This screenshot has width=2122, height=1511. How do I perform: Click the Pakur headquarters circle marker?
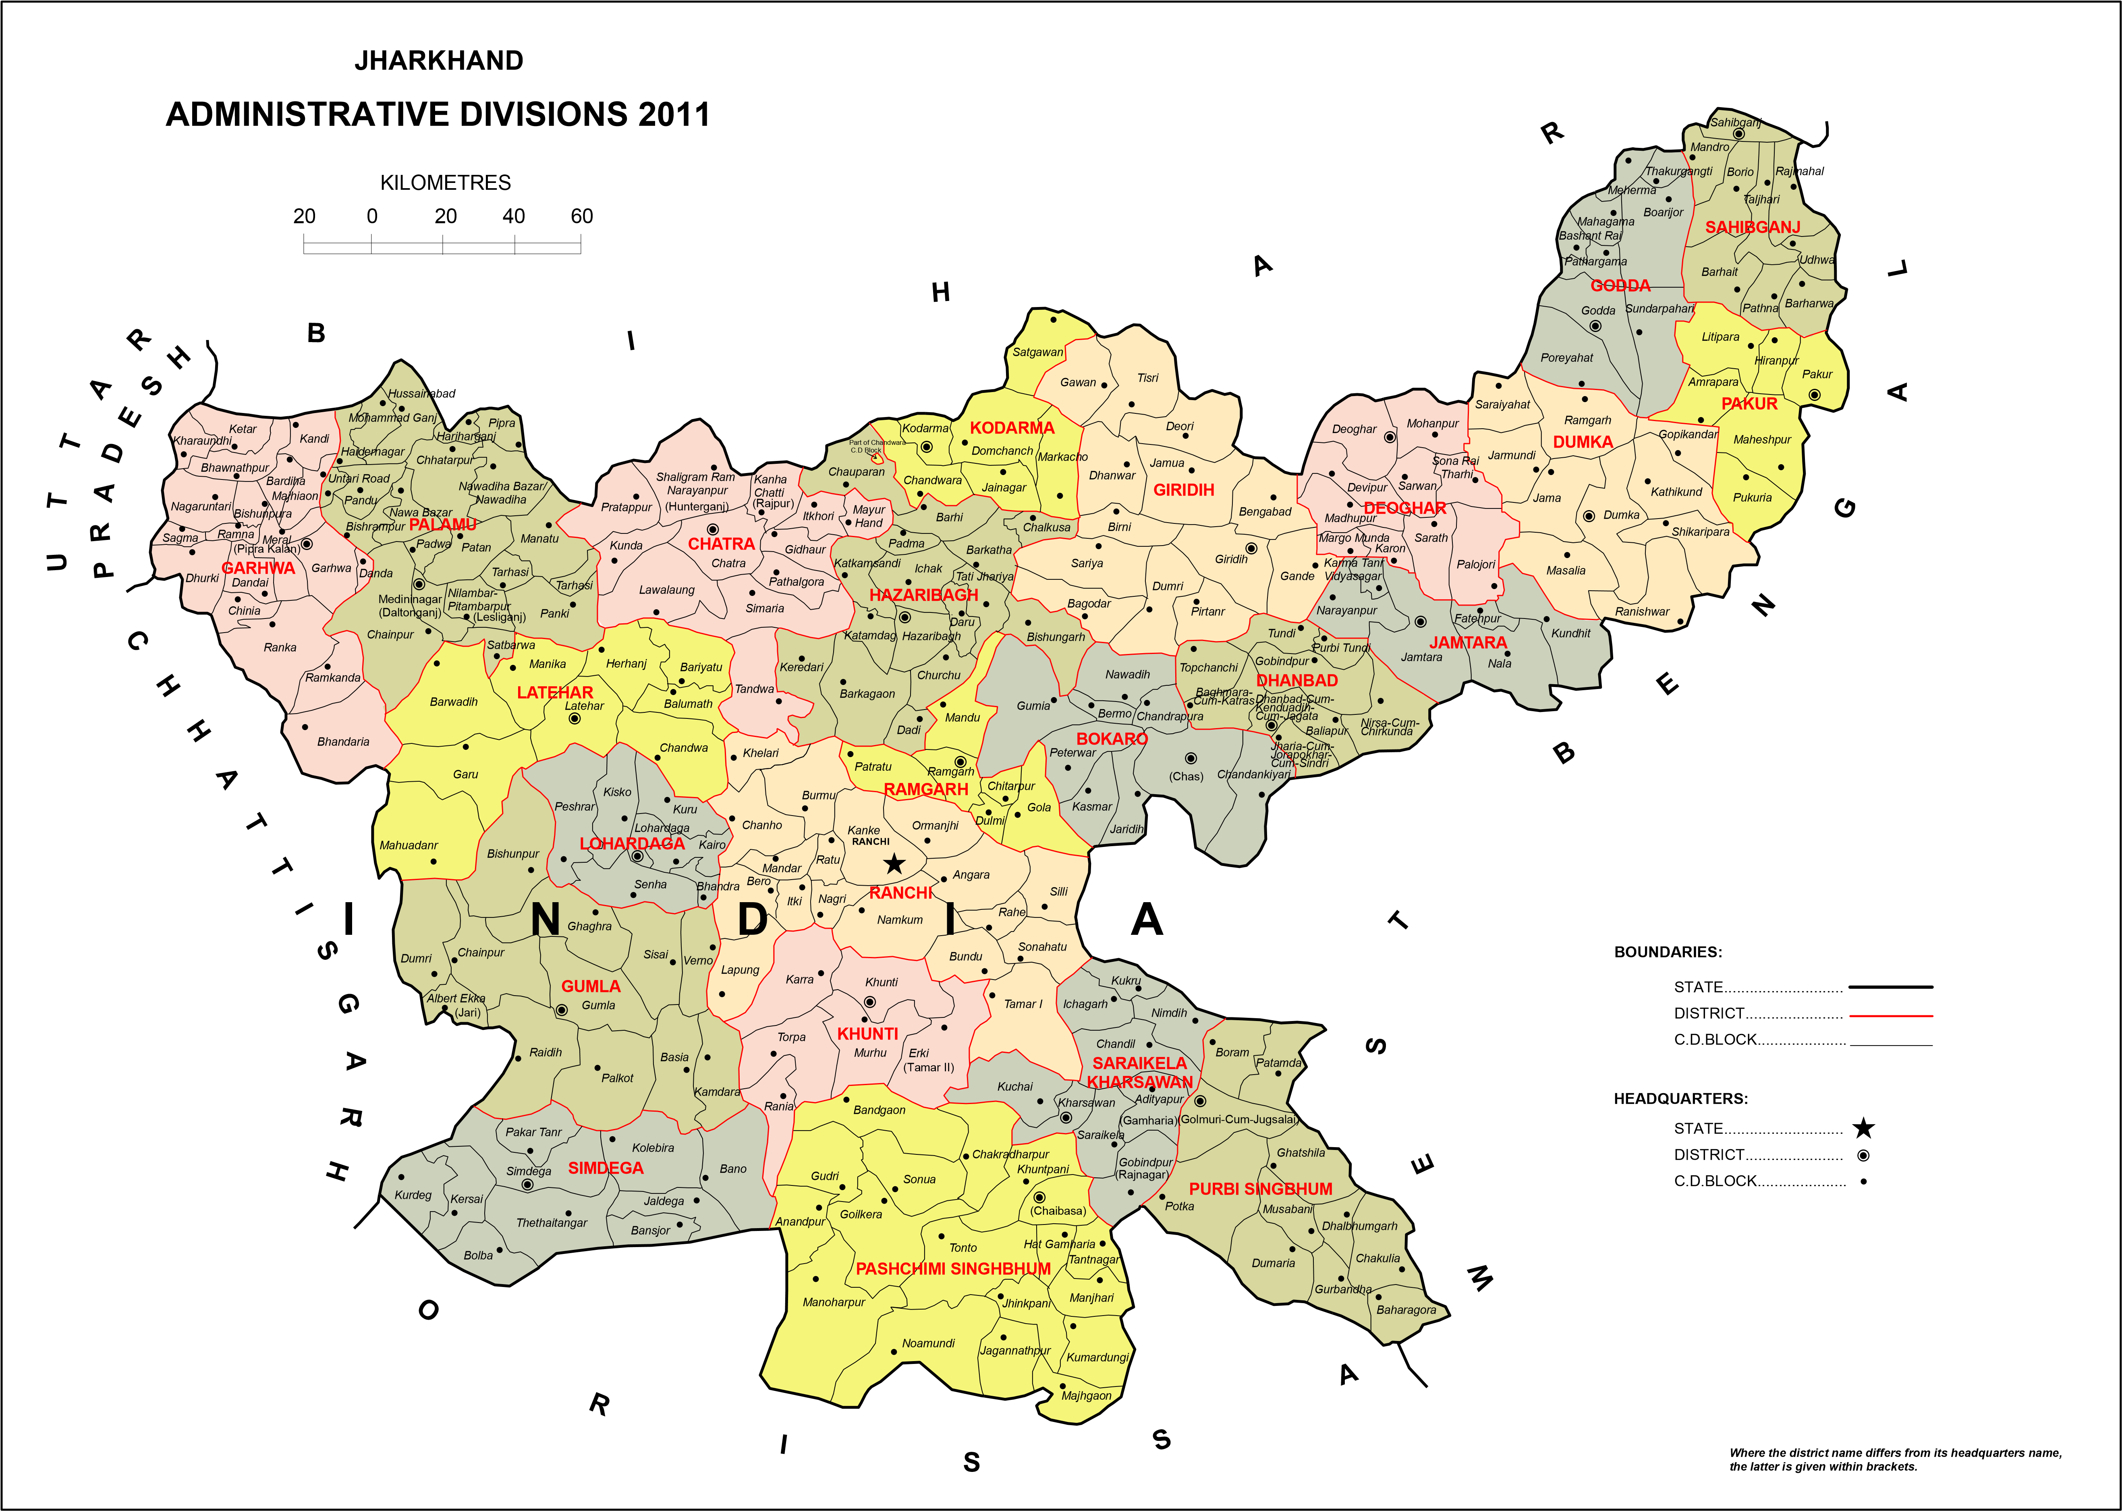pyautogui.click(x=1813, y=394)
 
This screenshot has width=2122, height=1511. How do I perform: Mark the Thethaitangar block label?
pyautogui.click(x=552, y=1222)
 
